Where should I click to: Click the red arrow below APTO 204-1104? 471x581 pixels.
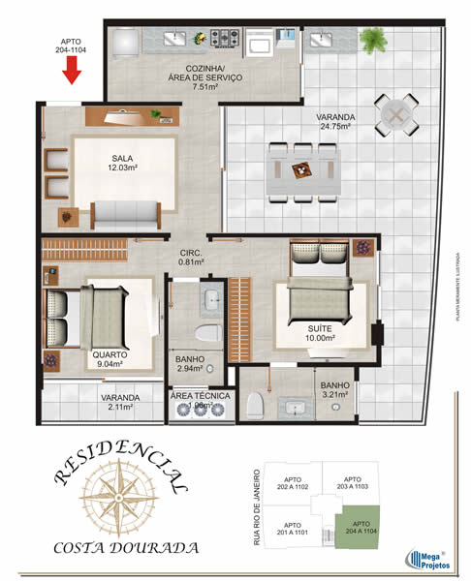[70, 70]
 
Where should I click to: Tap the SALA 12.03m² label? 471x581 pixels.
[122, 163]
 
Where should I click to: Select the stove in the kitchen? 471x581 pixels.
[225, 40]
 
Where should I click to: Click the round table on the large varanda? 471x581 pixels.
[396, 114]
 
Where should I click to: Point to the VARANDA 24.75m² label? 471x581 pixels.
[334, 121]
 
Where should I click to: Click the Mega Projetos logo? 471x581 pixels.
[423, 557]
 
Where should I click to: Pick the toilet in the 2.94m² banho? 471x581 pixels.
[205, 335]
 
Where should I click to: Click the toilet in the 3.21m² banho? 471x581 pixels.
[255, 404]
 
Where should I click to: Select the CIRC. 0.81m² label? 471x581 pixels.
[190, 257]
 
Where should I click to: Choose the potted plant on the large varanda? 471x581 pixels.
[371, 40]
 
